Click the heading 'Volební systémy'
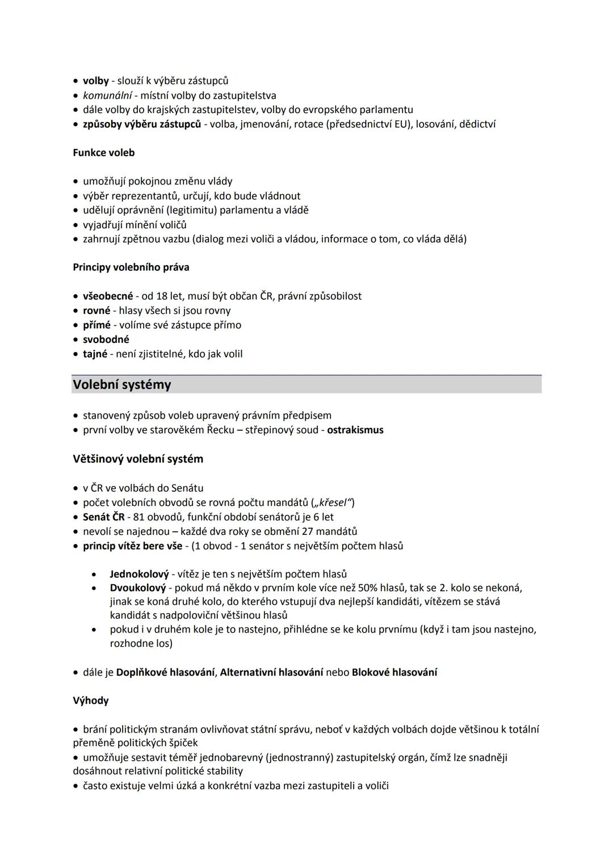[121, 385]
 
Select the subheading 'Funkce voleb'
[103, 153]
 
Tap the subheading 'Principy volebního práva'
[131, 267]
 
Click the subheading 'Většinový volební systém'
[137, 459]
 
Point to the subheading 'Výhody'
[90, 701]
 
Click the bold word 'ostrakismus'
[355, 430]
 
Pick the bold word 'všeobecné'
[107, 296]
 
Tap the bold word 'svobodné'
[106, 340]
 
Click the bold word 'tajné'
[95, 354]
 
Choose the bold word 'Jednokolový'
[139, 574]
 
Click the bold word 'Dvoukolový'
[137, 588]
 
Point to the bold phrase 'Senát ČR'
[103, 517]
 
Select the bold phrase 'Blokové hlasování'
[394, 672]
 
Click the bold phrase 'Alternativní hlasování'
[271, 672]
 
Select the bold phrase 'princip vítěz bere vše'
[132, 546]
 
